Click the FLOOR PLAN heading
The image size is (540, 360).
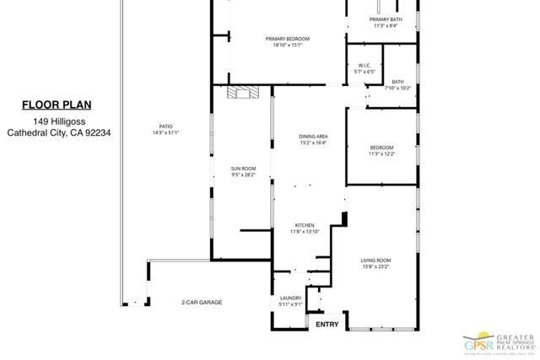tap(57, 105)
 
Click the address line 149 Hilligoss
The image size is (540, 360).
tap(57, 120)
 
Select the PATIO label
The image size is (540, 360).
tap(165, 126)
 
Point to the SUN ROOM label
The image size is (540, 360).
tap(243, 169)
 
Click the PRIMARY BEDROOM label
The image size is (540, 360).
tap(287, 39)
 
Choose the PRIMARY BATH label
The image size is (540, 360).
tap(385, 19)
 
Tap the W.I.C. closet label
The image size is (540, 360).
tap(364, 66)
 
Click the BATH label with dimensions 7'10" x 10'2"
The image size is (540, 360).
tap(397, 82)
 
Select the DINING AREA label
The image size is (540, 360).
tap(313, 137)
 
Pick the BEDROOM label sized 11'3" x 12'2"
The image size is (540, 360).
tap(381, 148)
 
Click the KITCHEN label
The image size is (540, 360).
tap(305, 225)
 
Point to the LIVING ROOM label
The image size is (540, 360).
tap(377, 261)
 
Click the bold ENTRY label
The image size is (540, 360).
tap(327, 324)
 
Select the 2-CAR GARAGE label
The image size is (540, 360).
tap(202, 302)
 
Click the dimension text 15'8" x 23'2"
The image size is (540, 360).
tap(377, 267)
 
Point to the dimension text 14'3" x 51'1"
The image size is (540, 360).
tap(165, 132)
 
